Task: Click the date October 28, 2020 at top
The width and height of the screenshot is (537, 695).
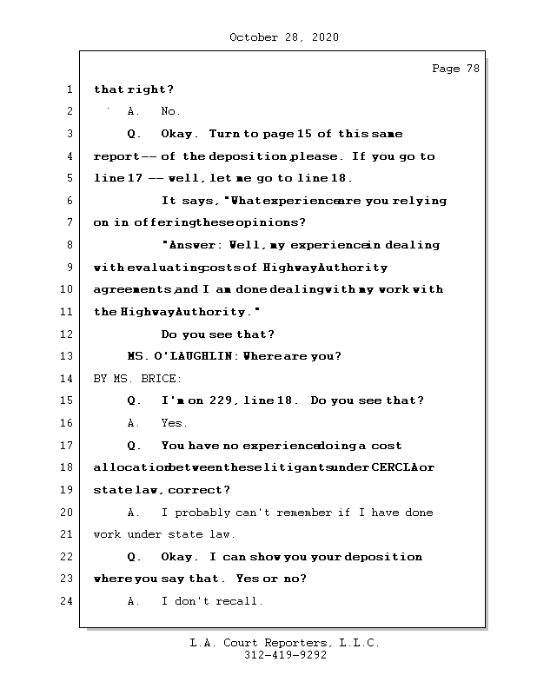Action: [x=284, y=37]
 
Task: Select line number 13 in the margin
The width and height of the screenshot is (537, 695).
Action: [x=70, y=356]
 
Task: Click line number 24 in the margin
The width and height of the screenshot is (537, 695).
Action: [x=70, y=601]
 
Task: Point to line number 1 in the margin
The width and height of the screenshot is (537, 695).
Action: [x=70, y=89]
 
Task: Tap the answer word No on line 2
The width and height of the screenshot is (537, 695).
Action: [x=170, y=112]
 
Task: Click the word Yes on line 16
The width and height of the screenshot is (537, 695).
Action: [x=174, y=423]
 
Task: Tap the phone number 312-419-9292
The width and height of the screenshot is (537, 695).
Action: [x=285, y=656]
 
